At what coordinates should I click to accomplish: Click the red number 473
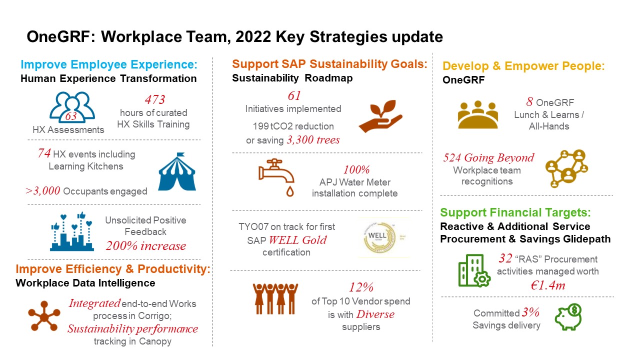point(155,99)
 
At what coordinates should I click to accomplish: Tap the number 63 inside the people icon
point(71,116)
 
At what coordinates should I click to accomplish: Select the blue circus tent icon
point(177,171)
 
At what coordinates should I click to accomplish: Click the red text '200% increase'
point(145,245)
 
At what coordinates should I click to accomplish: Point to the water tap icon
point(276,177)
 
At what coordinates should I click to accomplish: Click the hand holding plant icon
point(380,115)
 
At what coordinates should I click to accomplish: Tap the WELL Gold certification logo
point(379,237)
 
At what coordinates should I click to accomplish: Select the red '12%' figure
point(361,287)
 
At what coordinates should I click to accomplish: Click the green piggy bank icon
point(568,317)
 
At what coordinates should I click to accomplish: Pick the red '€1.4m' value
point(547,285)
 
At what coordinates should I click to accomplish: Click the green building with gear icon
point(474,270)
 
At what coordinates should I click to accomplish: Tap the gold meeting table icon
point(477,114)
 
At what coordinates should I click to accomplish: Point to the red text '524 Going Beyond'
point(488,157)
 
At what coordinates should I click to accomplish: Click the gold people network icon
point(566,168)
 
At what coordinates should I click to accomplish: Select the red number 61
point(294,95)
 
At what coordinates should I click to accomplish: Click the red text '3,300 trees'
point(313,140)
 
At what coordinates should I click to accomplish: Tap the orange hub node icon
point(44,315)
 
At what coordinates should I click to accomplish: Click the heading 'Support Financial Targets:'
point(515,212)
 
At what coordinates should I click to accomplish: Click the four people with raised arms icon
point(275,299)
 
